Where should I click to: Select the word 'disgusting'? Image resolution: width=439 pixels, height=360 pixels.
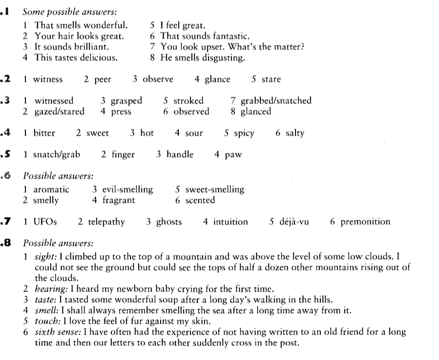pyautogui.click(x=225, y=58)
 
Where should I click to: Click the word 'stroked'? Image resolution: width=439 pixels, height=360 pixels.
pyautogui.click(x=189, y=101)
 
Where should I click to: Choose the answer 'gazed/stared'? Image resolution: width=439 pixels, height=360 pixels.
pyautogui.click(x=59, y=111)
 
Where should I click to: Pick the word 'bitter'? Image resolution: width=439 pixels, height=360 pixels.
pyautogui.click(x=44, y=133)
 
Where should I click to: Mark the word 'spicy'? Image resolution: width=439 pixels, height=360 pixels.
pyautogui.click(x=244, y=133)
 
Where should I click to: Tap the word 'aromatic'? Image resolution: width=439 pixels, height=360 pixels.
pyautogui.click(x=51, y=190)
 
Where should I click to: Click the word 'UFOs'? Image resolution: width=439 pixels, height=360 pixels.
pyautogui.click(x=45, y=222)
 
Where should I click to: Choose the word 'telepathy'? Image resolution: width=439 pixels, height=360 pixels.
pyautogui.click(x=106, y=222)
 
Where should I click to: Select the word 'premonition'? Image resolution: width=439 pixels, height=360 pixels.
pyautogui.click(x=365, y=222)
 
